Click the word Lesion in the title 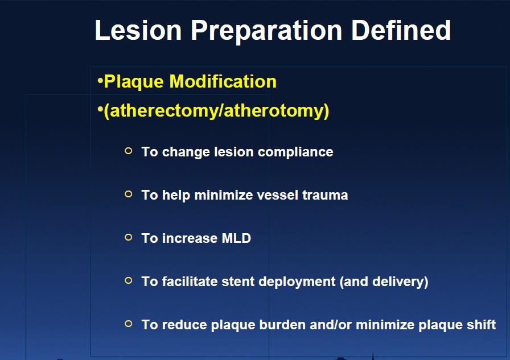tap(138, 30)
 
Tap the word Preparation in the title tap(266, 31)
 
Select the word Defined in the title tap(401, 30)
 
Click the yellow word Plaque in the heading tap(134, 82)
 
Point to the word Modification tap(223, 81)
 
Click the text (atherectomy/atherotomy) tap(216, 111)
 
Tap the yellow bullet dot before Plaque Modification tap(100, 80)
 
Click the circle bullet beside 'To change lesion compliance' tap(129, 151)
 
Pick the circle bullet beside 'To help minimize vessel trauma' tap(129, 194)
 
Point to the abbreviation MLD tap(236, 238)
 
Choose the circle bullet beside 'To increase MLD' tap(129, 237)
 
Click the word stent tap(238, 282)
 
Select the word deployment tap(297, 282)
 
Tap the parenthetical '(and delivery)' tap(384, 282)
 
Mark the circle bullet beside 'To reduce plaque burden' tap(129, 324)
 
